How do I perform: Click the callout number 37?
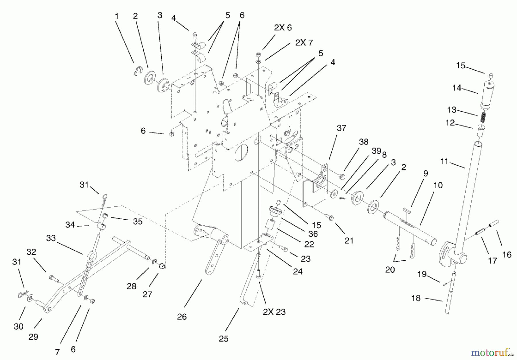(341, 128)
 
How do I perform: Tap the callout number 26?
(182, 317)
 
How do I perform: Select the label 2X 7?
(304, 43)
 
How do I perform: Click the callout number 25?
(223, 339)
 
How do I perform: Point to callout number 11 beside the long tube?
(444, 162)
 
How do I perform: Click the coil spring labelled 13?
(484, 117)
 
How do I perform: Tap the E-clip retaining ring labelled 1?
(138, 71)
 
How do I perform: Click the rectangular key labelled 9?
(407, 210)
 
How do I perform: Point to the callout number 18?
(416, 298)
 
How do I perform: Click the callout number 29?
(33, 337)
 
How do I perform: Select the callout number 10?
(438, 185)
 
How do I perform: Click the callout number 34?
(70, 225)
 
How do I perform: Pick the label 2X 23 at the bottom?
(274, 312)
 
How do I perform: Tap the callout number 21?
(349, 241)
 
